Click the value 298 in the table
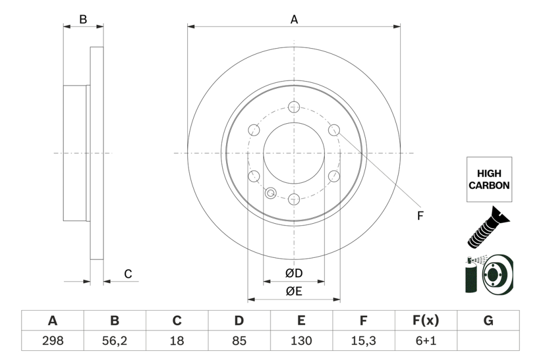click(x=52, y=341)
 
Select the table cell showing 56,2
click(x=115, y=341)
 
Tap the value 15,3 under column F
click(x=364, y=341)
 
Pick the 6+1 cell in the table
click(x=426, y=341)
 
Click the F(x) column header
click(x=426, y=321)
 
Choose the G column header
click(x=488, y=321)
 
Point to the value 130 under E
click(x=301, y=341)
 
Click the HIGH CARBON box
click(x=489, y=180)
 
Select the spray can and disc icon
click(x=489, y=274)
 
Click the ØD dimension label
click(x=294, y=274)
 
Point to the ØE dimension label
click(x=294, y=291)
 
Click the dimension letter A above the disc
click(x=294, y=19)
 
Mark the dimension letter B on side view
click(x=83, y=19)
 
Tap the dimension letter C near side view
click(x=128, y=274)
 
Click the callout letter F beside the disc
click(x=420, y=216)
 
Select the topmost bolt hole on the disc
click(x=294, y=106)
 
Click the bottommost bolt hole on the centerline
click(x=294, y=199)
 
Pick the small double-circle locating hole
click(x=271, y=192)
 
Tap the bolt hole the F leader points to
click(x=334, y=130)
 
